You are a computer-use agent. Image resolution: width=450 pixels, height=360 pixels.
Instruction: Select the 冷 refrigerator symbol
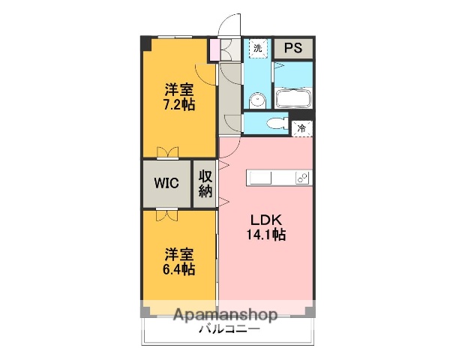point(302,128)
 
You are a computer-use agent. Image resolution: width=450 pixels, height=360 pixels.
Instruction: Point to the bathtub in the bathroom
point(292,98)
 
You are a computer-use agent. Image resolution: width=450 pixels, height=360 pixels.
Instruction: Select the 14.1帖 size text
point(266,235)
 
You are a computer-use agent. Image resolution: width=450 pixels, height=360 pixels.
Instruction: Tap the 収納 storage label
point(205,183)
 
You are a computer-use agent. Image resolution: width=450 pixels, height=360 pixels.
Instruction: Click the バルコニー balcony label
point(229,329)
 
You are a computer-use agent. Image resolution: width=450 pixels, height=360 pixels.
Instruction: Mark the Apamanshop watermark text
point(225,315)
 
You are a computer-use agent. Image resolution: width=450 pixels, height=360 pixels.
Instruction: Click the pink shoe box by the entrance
point(214,49)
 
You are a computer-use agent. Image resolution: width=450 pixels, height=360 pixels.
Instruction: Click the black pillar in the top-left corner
point(145,43)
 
